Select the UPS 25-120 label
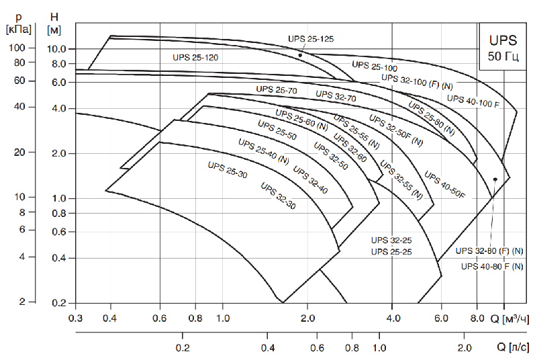[195, 58]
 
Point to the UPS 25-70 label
[276, 89]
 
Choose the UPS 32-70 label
[336, 97]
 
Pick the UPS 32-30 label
[277, 196]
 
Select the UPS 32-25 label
[391, 240]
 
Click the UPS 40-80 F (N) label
[493, 267]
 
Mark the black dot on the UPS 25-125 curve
[300, 55]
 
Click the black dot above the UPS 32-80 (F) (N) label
[495, 179]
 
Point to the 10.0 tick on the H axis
[58, 49]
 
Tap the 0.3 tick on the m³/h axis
[76, 317]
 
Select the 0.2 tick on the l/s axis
[182, 348]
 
